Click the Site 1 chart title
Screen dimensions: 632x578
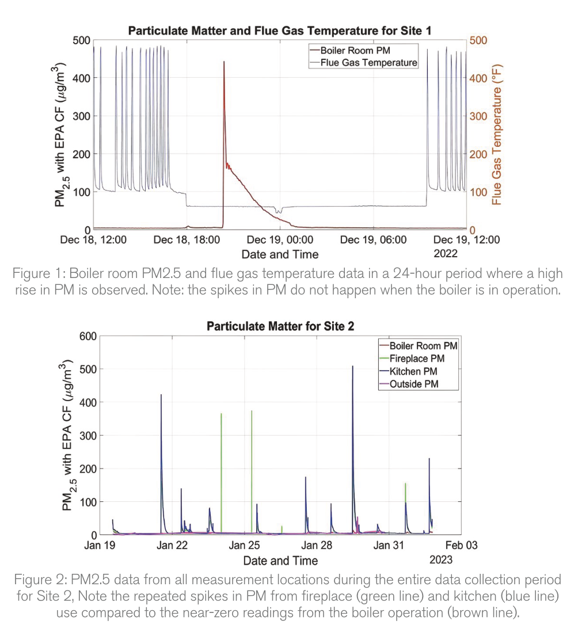(x=280, y=30)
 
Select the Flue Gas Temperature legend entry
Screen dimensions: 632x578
(x=368, y=62)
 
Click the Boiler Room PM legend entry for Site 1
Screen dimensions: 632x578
(x=358, y=50)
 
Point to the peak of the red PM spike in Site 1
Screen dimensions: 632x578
(x=224, y=62)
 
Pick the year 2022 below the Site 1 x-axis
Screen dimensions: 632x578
(x=446, y=254)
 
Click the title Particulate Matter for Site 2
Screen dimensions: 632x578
(x=280, y=326)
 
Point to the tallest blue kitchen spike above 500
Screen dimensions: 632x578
(x=352, y=366)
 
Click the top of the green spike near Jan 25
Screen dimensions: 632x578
(x=252, y=411)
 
